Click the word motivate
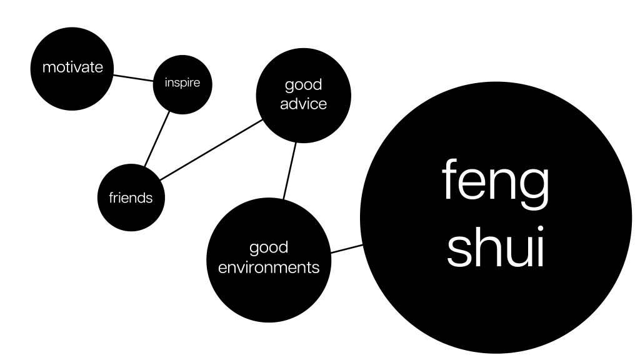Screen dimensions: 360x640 pos(72,67)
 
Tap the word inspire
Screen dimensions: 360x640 pos(182,82)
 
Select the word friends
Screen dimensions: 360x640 pos(131,198)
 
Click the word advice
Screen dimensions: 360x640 pos(303,104)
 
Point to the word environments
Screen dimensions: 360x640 pos(268,268)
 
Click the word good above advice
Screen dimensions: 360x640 pos(303,84)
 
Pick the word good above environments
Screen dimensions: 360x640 pos(269,248)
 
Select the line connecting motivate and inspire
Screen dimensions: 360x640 pos(134,77)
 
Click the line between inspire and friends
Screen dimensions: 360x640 pos(157,139)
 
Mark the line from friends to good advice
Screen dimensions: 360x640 pos(211,150)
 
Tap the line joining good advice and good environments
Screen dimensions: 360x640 pos(289,171)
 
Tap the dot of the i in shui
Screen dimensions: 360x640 pos(538,226)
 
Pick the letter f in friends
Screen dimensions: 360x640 pos(111,198)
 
